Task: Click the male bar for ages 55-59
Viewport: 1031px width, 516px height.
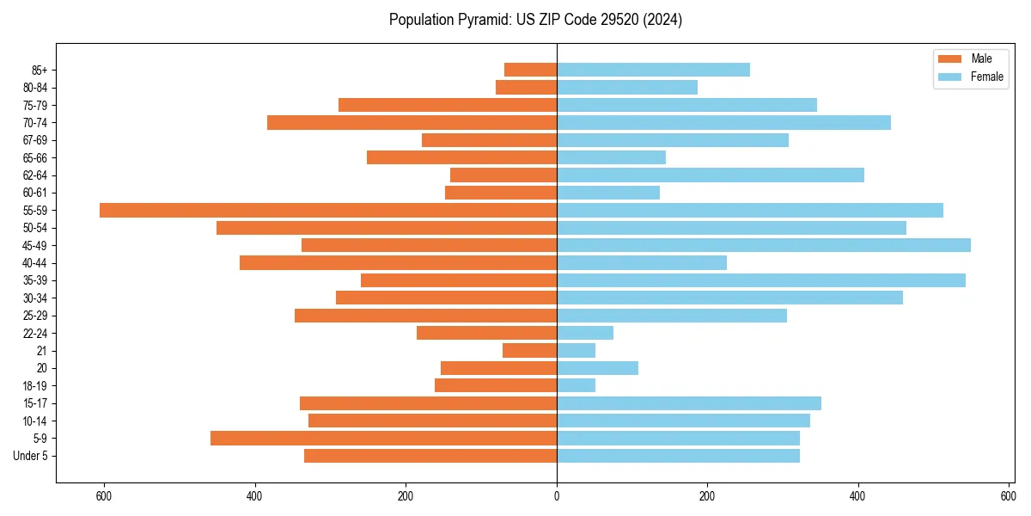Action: (328, 211)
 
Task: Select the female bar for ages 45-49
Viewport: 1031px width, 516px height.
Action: (764, 245)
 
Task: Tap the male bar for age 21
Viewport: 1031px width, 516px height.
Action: (529, 351)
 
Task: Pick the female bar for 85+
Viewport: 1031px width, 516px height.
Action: (653, 70)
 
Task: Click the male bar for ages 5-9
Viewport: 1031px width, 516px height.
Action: (383, 439)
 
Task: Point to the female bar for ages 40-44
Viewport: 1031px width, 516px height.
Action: (642, 263)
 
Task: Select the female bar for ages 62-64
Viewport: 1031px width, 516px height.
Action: (711, 175)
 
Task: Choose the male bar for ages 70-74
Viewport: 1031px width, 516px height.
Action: (412, 123)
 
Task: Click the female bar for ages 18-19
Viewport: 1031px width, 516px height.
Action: (576, 386)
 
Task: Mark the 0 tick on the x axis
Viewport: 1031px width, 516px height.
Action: (557, 496)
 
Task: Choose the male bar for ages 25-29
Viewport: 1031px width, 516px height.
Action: (425, 316)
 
